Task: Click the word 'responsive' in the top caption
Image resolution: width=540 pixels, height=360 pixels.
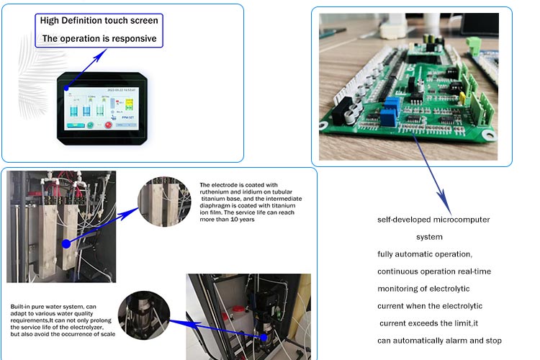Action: (x=132, y=38)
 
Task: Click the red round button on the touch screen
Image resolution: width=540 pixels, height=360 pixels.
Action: (x=109, y=125)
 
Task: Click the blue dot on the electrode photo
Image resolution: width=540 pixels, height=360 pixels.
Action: (x=66, y=243)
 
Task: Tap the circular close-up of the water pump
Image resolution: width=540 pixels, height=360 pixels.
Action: (x=145, y=315)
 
